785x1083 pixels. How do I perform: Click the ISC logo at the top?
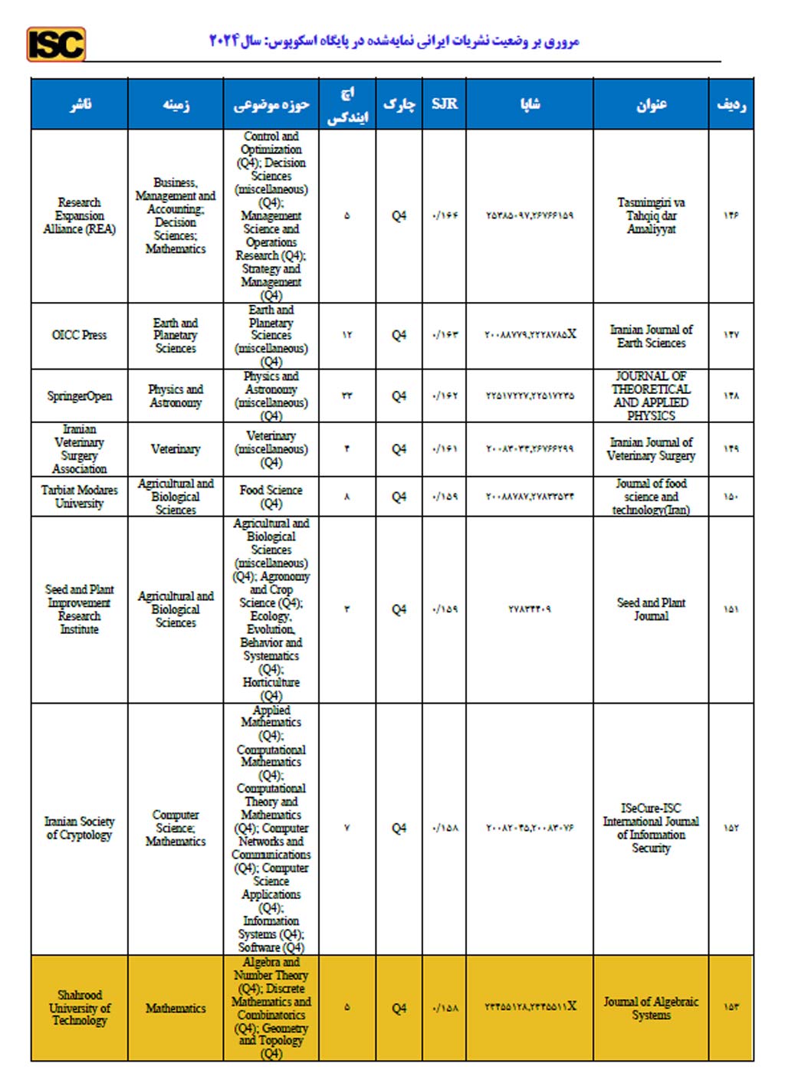click(x=56, y=44)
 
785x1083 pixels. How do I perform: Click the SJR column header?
click(x=444, y=103)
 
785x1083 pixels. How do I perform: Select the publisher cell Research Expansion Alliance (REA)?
click(x=79, y=215)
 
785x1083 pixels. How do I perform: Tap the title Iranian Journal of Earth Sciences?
click(x=651, y=336)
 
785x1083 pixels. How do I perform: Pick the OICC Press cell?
click(x=79, y=335)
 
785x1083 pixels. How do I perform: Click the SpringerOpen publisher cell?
click(x=79, y=395)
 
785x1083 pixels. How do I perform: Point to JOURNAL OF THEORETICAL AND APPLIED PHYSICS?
click(x=651, y=395)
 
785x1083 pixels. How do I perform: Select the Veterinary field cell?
click(x=176, y=448)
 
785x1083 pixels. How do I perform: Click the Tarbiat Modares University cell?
click(x=79, y=496)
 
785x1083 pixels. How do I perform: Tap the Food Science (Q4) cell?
click(x=271, y=496)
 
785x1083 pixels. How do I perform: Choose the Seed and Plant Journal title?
click(x=651, y=609)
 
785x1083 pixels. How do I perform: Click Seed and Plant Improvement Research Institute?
click(x=79, y=609)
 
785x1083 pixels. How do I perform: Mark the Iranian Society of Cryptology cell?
click(x=79, y=828)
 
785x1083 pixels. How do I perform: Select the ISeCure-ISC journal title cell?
click(x=651, y=828)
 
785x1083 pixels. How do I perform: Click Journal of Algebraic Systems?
click(x=651, y=1008)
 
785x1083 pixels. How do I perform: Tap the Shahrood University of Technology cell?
click(x=79, y=1008)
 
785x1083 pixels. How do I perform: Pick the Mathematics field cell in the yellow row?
click(x=176, y=1008)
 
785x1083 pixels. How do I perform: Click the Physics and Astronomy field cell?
click(x=176, y=395)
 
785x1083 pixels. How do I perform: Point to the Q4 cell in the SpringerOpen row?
click(x=399, y=395)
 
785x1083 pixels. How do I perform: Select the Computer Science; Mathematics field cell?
click(x=176, y=828)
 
